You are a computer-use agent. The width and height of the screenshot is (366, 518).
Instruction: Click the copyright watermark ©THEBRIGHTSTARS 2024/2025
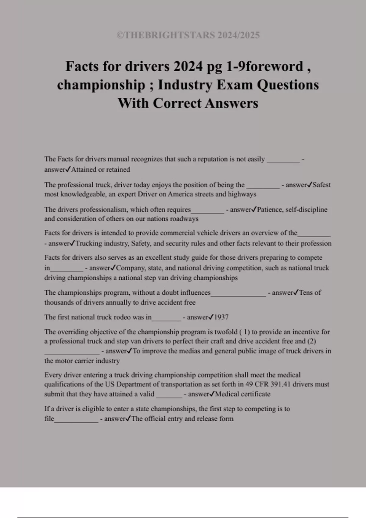(188, 35)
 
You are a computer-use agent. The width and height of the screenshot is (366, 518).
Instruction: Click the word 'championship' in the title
(101, 85)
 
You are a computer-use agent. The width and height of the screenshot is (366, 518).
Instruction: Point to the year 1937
(221, 317)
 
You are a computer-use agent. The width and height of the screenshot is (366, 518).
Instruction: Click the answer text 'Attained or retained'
(100, 169)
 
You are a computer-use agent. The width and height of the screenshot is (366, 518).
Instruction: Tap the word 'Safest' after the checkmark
(321, 185)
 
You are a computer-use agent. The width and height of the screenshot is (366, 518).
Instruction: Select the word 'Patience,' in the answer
(270, 209)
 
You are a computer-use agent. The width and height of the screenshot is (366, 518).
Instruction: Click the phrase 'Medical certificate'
(242, 394)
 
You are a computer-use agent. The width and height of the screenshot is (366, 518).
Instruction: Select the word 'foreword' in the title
(274, 66)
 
